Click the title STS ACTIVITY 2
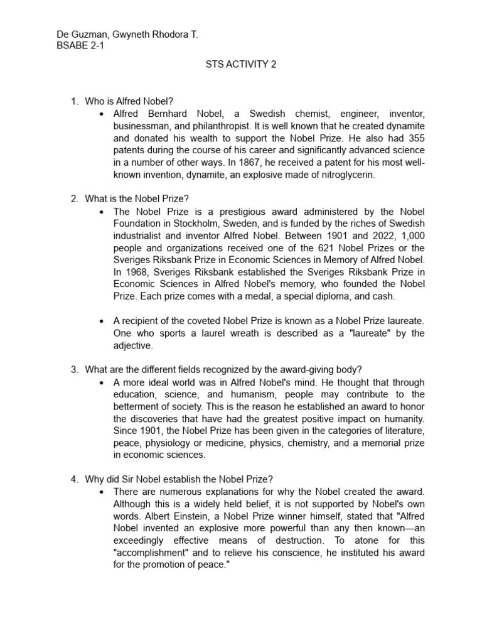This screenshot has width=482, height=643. pos(241,64)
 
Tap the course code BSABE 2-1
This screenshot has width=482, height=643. pos(80,46)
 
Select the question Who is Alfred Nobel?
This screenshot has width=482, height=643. pos(129,101)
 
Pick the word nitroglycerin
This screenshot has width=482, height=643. pos(345,175)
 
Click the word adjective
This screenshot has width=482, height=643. pos(132,345)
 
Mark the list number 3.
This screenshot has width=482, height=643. pos(73,369)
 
